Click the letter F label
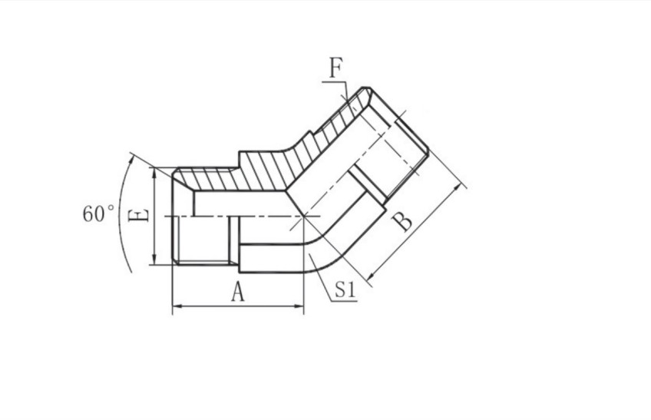pos(335,68)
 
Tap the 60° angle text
pos(98,213)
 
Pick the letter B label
pos(402,223)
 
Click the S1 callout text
pos(344,290)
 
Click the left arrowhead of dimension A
pos(176,309)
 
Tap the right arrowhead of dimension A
pos(300,309)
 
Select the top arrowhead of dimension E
pos(155,171)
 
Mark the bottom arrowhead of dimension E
pos(155,261)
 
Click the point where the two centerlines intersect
pos(305,217)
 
